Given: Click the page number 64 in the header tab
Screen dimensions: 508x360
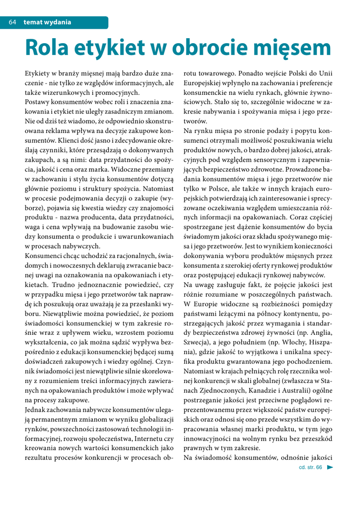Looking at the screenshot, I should click(x=13, y=22).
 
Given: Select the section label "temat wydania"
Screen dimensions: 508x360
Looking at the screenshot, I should click(x=47, y=22).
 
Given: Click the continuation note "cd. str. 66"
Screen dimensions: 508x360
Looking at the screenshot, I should click(x=310, y=467).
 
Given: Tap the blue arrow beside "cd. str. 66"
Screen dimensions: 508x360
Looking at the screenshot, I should click(x=330, y=467).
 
